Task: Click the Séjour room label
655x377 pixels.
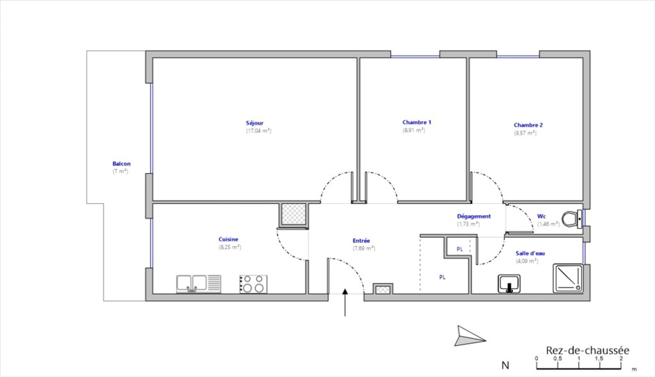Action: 254,123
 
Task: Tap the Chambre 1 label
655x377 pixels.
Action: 417,122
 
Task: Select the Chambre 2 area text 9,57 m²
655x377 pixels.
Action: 525,133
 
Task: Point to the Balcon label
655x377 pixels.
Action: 121,164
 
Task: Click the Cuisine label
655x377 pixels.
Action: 228,239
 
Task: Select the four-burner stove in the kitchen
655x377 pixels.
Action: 253,284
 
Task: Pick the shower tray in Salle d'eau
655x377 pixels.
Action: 568,278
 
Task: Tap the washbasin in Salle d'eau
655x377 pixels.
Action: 509,283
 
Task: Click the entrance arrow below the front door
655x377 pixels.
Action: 345,303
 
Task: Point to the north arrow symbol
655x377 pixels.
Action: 469,336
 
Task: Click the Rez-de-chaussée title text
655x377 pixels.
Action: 587,350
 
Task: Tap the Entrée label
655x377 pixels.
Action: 361,241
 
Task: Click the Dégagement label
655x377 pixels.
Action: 474,217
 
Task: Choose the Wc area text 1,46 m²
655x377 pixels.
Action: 548,224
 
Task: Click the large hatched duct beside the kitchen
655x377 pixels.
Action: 293,214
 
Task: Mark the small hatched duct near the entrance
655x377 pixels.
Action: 383,289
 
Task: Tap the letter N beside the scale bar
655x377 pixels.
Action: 505,365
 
